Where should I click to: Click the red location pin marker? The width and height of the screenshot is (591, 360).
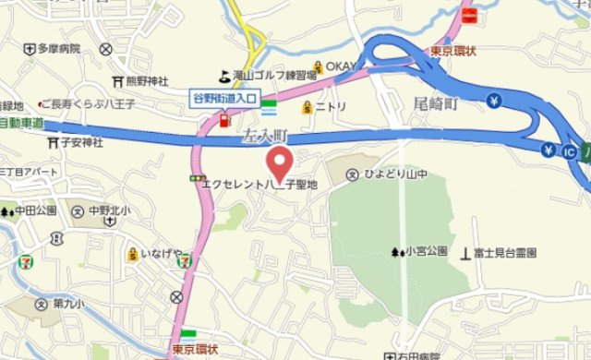coord(280,163)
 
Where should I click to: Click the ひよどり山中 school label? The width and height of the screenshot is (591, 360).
coord(392,174)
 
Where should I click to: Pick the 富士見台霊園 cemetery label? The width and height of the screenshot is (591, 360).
coord(504,252)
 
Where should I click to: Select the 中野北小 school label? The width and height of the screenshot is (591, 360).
coord(110,210)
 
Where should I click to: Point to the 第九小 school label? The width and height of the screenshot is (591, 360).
coord(67,304)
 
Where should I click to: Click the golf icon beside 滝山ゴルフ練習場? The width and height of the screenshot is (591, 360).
coord(224,76)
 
